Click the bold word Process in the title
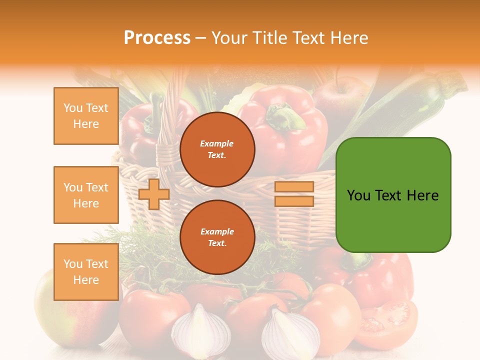pyautogui.click(x=157, y=38)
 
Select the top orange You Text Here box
pyautogui.click(x=86, y=116)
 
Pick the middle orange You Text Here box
pyautogui.click(x=86, y=195)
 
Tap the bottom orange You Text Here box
pyautogui.click(x=86, y=272)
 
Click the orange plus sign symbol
pyautogui.click(x=154, y=194)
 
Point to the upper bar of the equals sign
pyautogui.click(x=294, y=187)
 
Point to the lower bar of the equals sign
pyautogui.click(x=294, y=201)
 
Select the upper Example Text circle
pyautogui.click(x=217, y=149)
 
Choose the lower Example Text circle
pyautogui.click(x=217, y=237)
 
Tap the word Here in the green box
pyautogui.click(x=422, y=195)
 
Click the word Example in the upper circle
pyautogui.click(x=217, y=143)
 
